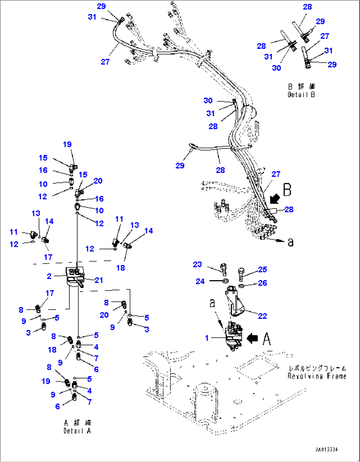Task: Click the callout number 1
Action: tap(207, 338)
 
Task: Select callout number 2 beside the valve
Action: tap(49, 276)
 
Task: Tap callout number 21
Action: tap(99, 280)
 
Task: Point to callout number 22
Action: tap(262, 316)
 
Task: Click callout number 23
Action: tap(197, 265)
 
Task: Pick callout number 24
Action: tap(200, 281)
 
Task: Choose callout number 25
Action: tap(262, 269)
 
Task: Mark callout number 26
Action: tap(262, 283)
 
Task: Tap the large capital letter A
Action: tap(267, 339)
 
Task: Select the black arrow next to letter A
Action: tap(252, 338)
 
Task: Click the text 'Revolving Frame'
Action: tap(317, 376)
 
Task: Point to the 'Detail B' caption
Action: tap(301, 94)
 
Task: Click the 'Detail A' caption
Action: tap(77, 431)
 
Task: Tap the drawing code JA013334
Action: tap(326, 450)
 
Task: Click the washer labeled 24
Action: tap(226, 281)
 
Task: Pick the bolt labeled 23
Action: tap(224, 269)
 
